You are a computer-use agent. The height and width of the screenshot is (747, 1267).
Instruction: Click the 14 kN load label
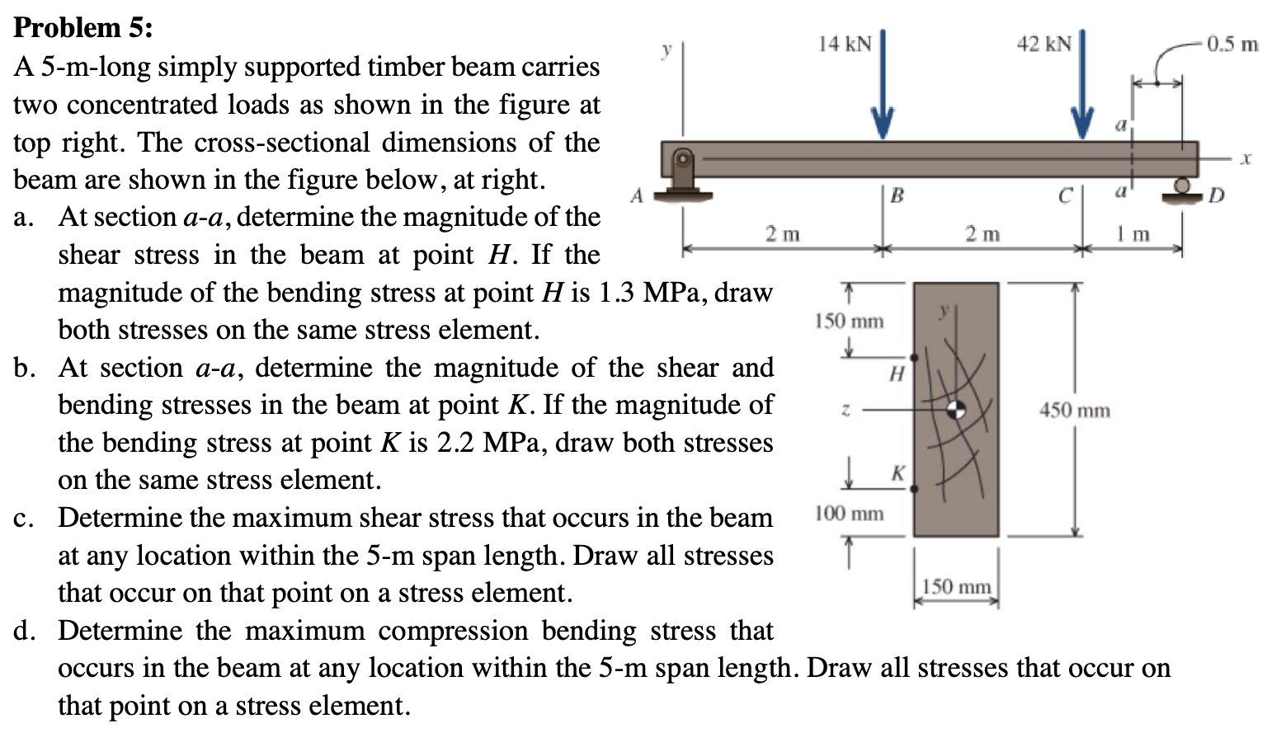[x=844, y=44]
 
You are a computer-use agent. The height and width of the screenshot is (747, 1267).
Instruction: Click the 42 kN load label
[x=1043, y=44]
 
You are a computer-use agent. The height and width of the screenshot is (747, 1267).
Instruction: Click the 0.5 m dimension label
[x=1232, y=44]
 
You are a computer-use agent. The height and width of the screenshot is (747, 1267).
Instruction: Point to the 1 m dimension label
[x=1133, y=234]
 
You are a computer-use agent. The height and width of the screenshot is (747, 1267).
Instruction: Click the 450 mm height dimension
[x=1075, y=410]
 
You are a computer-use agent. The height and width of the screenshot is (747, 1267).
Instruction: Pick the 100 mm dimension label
[x=849, y=514]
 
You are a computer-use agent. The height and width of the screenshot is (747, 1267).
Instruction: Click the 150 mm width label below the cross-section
[x=956, y=587]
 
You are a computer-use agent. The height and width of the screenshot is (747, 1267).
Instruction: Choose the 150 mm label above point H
[x=849, y=321]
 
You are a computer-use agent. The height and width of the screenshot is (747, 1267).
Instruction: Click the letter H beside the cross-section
[x=897, y=373]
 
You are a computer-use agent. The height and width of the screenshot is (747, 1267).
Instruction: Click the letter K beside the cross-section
[x=897, y=473]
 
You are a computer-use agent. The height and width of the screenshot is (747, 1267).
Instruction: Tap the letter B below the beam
[x=897, y=195]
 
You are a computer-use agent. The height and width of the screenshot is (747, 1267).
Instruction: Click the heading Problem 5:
[x=83, y=28]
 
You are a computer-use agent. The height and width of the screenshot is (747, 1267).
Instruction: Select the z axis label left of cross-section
[x=844, y=409]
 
